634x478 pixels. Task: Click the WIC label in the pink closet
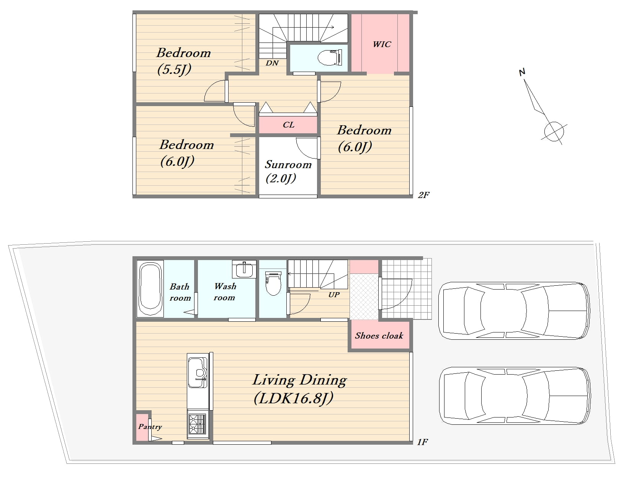[382, 44]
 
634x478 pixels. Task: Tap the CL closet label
[289, 125]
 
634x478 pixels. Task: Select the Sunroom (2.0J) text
[288, 171]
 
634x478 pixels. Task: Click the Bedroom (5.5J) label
[183, 61]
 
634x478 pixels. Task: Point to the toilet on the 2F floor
[330, 57]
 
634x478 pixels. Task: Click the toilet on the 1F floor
[273, 283]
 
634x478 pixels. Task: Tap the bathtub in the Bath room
[150, 289]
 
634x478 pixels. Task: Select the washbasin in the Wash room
[244, 270]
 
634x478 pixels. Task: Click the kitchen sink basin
[198, 373]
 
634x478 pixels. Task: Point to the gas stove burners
[198, 424]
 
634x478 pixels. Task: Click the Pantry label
[150, 427]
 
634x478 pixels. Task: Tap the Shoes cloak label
[379, 336]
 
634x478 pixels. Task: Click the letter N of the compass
[522, 72]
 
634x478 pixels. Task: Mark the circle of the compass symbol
[554, 132]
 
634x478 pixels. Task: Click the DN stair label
[272, 63]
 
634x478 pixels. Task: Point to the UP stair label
[334, 295]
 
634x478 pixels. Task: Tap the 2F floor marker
[423, 195]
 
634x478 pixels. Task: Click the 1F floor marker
[422, 442]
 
